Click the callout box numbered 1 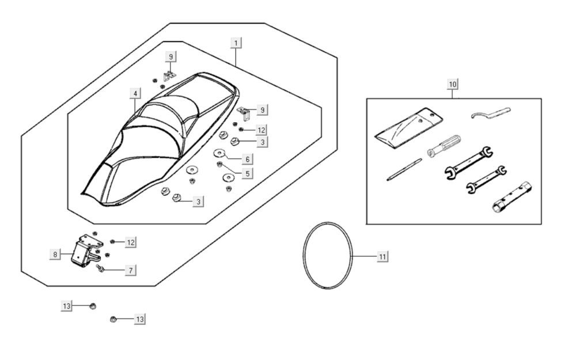pyautogui.click(x=236, y=43)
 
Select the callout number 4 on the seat pyautogui.click(x=135, y=93)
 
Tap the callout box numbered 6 pyautogui.click(x=247, y=158)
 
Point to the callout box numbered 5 pyautogui.click(x=247, y=173)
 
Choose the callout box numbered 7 pyautogui.click(x=131, y=270)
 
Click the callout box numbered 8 pyautogui.click(x=55, y=254)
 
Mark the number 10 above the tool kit pyautogui.click(x=453, y=84)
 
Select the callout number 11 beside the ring pyautogui.click(x=382, y=256)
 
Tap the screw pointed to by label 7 pyautogui.click(x=101, y=268)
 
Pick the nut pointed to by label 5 pyautogui.click(x=219, y=165)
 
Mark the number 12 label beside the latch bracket pyautogui.click(x=131, y=242)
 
